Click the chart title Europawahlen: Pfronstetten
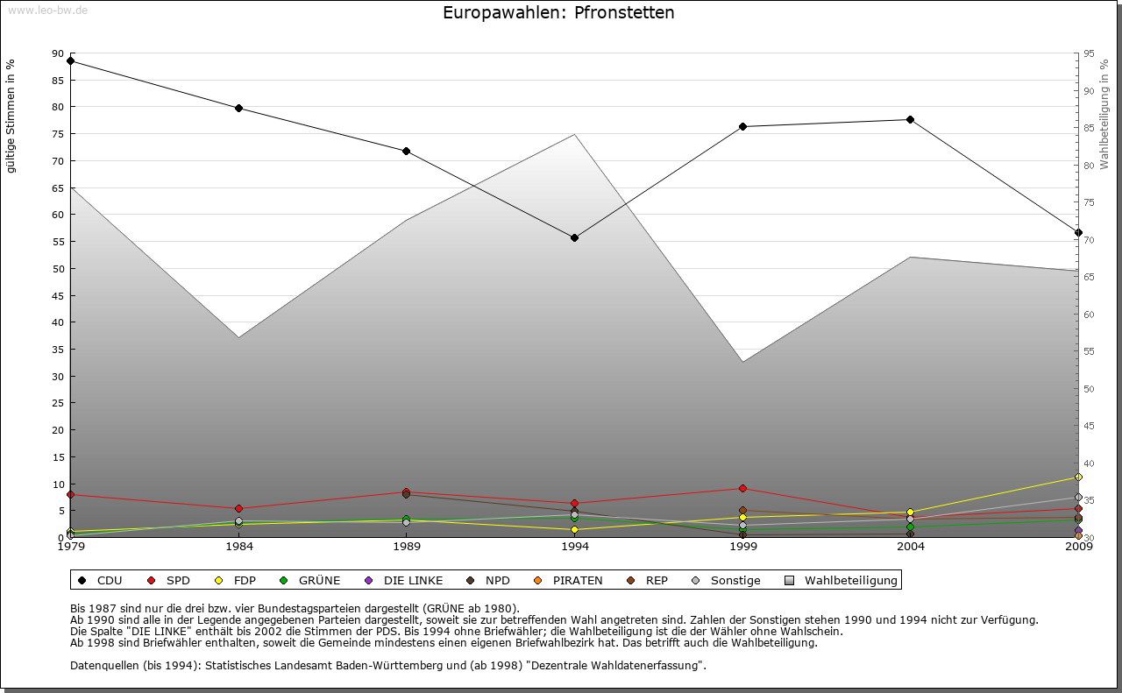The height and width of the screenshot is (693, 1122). pyautogui.click(x=558, y=13)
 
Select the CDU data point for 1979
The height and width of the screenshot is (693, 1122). pyautogui.click(x=70, y=61)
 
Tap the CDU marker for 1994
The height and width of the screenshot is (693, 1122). pyautogui.click(x=574, y=237)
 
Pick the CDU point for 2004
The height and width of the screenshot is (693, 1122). pyautogui.click(x=910, y=119)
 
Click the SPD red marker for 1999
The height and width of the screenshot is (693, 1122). pyautogui.click(x=742, y=488)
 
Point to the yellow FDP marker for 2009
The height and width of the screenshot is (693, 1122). pyautogui.click(x=1078, y=477)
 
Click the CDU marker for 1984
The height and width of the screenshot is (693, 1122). pyautogui.click(x=238, y=108)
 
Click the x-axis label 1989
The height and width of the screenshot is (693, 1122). pyautogui.click(x=407, y=548)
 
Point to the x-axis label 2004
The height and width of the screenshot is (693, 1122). pyautogui.click(x=910, y=548)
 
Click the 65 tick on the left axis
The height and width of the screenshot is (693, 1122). pyautogui.click(x=59, y=187)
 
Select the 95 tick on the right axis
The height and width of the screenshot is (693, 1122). pyautogui.click(x=1089, y=53)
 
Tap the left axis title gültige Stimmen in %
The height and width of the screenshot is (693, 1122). pyautogui.click(x=11, y=116)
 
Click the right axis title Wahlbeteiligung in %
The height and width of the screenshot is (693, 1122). pyautogui.click(x=1104, y=114)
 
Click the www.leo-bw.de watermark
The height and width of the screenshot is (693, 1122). pyautogui.click(x=47, y=10)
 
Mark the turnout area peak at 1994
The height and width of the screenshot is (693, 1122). pyautogui.click(x=574, y=135)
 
